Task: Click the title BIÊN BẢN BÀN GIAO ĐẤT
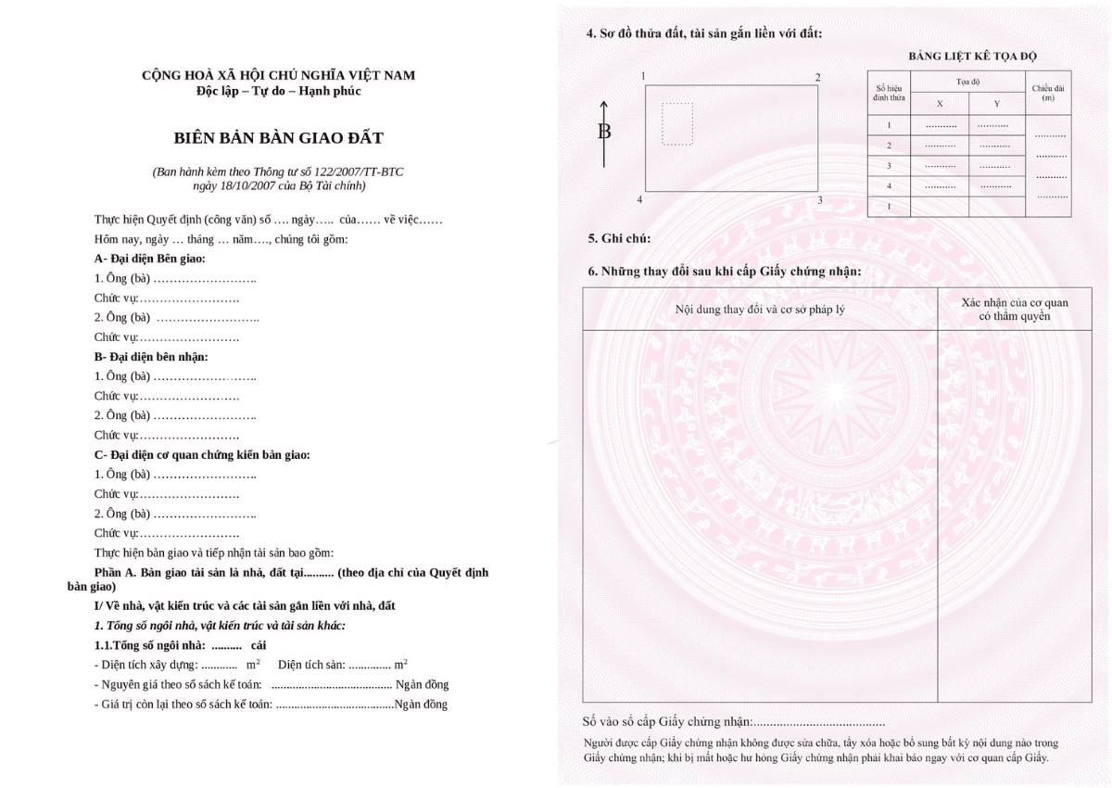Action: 278,138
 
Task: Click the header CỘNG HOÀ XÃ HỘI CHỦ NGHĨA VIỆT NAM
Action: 278,75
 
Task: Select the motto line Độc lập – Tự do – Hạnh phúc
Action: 278,91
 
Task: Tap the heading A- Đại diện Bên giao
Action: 149,259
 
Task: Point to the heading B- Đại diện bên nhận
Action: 151,356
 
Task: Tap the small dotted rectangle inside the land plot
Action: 677,123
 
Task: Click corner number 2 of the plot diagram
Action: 817,77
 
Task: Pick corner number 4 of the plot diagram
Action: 639,200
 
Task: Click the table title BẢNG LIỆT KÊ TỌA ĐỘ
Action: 972,56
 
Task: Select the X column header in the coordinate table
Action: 940,104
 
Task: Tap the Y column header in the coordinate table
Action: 997,104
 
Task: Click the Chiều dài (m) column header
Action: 1048,92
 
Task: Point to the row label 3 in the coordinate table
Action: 889,166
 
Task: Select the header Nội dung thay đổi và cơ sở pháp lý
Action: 760,309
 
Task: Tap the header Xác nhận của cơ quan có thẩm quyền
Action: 1015,310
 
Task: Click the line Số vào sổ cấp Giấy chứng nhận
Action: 734,721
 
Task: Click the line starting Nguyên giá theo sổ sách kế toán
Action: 272,685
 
